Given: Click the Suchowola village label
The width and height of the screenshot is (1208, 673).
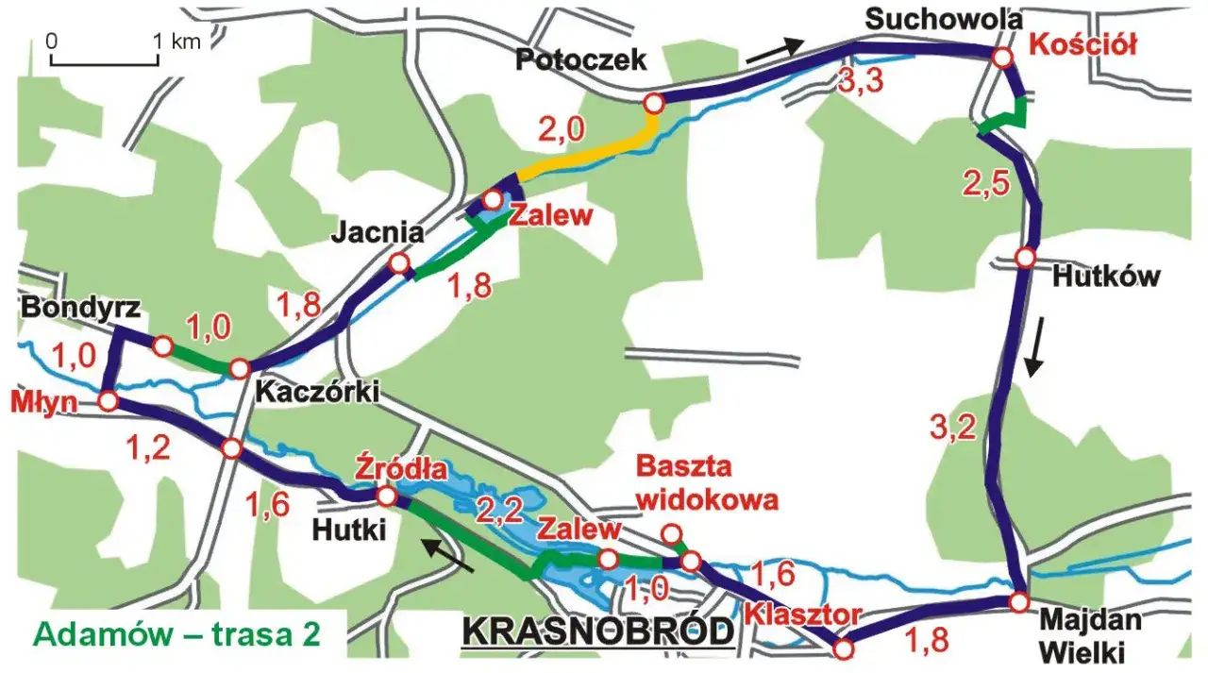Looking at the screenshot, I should click(931, 18).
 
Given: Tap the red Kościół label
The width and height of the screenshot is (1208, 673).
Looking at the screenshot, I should click(1082, 43).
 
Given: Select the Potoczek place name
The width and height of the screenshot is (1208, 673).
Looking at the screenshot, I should click(580, 59).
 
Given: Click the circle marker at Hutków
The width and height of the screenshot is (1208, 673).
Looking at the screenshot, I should click(1026, 257).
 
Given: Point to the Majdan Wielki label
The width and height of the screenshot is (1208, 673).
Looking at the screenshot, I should click(1091, 635).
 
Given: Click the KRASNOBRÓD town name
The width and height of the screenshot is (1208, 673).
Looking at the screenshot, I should click(597, 631).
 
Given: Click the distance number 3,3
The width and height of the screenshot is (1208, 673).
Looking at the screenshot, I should click(860, 81).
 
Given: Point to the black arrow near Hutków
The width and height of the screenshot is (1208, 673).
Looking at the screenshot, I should click(1036, 347).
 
